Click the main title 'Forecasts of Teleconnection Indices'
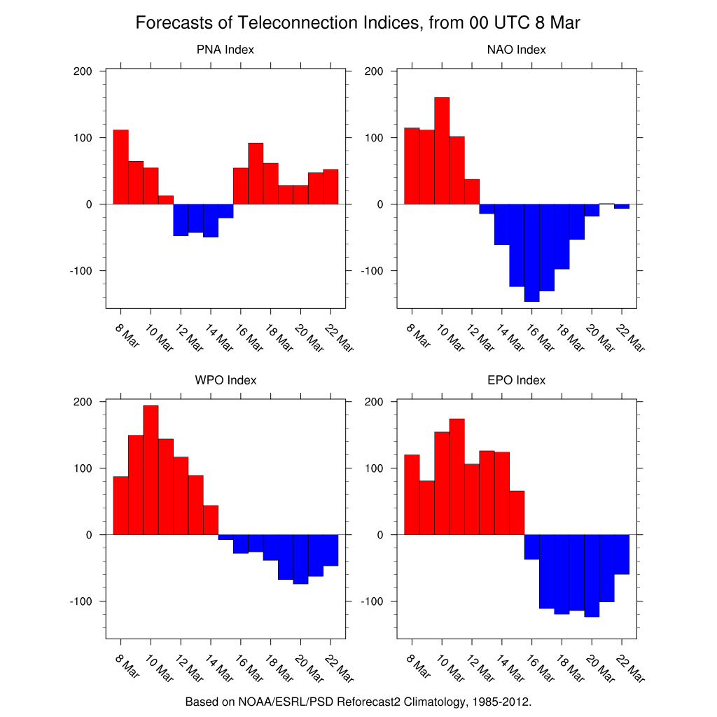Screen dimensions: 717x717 pos(358,23)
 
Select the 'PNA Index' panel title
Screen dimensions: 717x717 pos(225,50)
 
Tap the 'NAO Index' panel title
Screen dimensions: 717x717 pos(516,50)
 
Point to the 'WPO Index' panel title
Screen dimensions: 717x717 pos(225,380)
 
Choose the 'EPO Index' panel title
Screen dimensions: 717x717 pos(516,380)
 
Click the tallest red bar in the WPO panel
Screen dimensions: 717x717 pos(151,469)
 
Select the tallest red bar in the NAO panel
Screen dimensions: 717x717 pos(442,151)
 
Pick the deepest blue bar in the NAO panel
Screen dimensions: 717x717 pos(531,252)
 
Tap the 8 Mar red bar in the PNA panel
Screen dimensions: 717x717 pos(120,167)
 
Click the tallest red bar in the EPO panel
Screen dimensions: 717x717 pos(457,476)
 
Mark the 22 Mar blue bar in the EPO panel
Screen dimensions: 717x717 pos(622,554)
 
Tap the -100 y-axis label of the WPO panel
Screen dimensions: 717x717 pos(81,601)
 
